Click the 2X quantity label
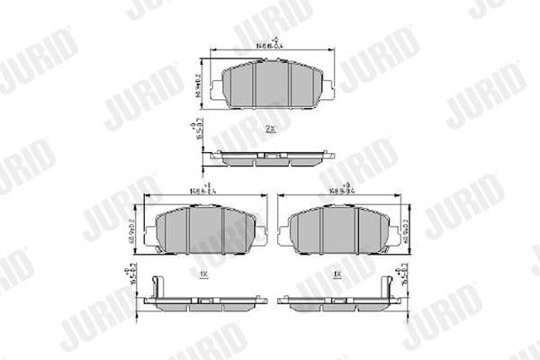(269, 130)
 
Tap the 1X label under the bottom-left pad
(203, 271)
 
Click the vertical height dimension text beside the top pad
(197, 85)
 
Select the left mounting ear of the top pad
(213, 88)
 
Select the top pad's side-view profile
(270, 158)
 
